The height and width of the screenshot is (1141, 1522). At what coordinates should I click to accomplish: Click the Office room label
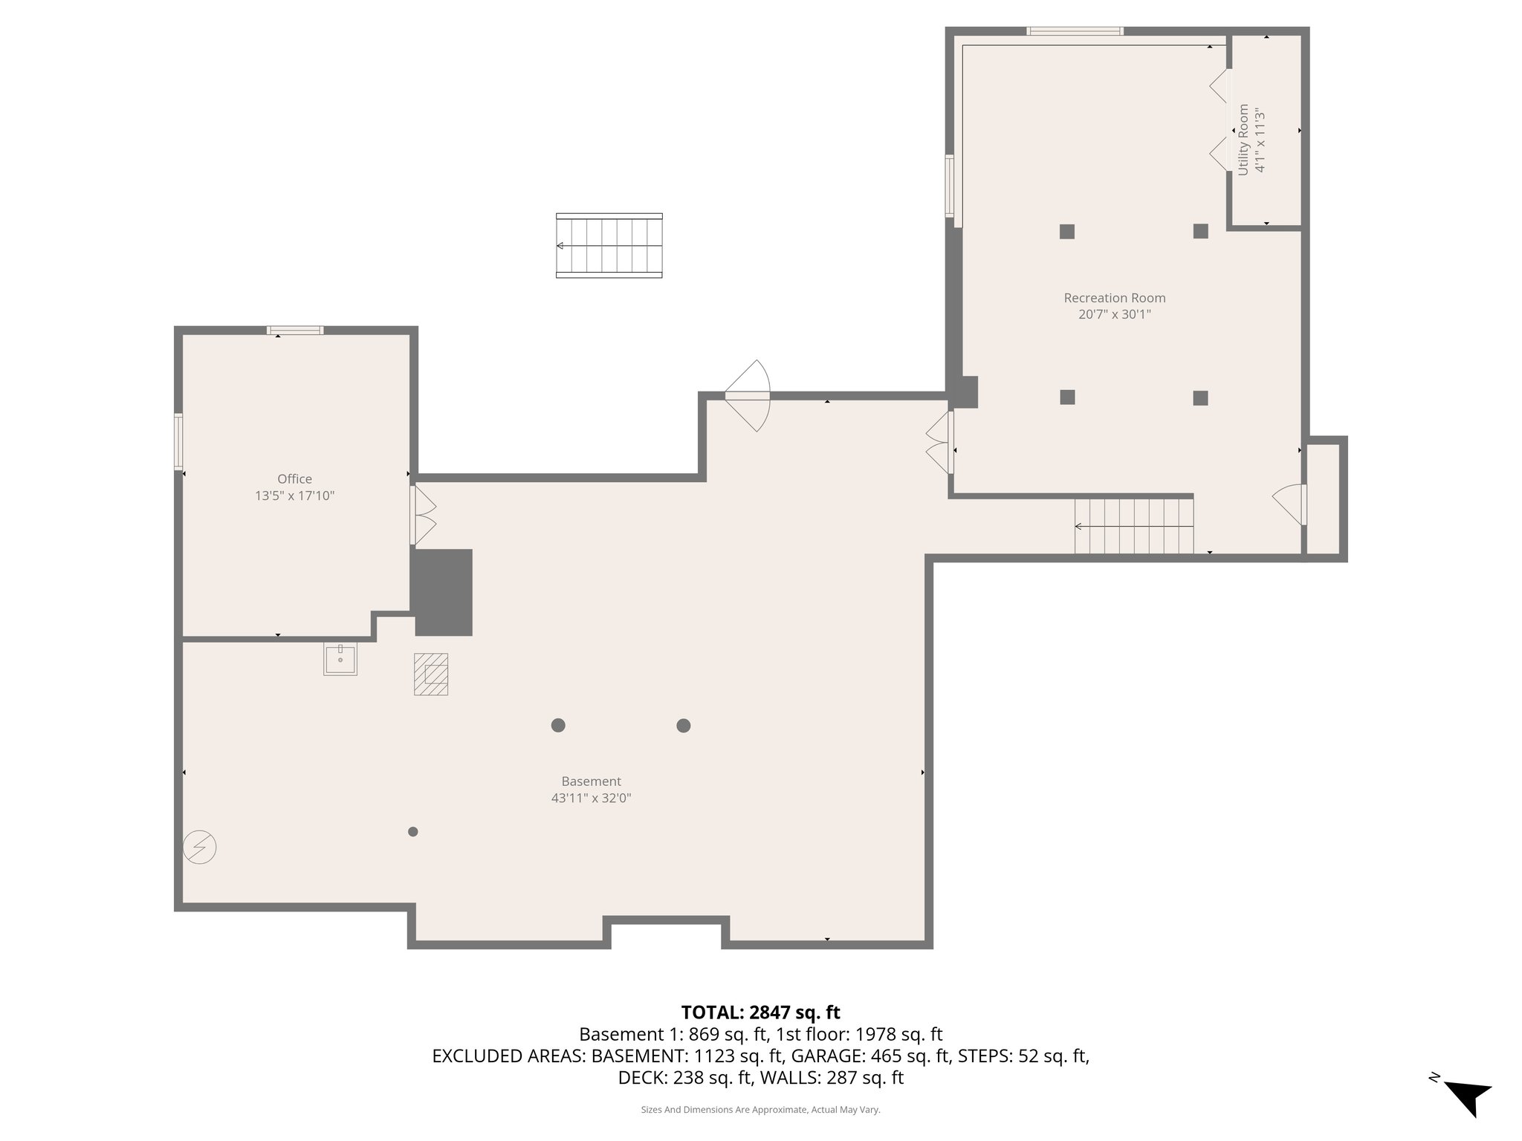tap(294, 479)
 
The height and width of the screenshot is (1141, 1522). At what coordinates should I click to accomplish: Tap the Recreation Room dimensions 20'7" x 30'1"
tap(1114, 314)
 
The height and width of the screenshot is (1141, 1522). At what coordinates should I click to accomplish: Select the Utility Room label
tap(1243, 140)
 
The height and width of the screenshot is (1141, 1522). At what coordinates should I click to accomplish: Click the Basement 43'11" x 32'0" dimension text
tap(591, 799)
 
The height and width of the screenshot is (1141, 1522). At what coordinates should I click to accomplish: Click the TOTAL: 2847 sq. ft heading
tap(760, 1012)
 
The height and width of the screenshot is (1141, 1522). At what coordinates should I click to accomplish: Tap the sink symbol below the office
tap(340, 659)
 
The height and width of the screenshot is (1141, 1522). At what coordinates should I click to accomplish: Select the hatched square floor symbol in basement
tap(431, 674)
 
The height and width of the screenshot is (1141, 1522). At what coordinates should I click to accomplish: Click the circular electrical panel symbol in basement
tap(200, 847)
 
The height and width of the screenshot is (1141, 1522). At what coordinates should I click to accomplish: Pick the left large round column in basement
tap(558, 725)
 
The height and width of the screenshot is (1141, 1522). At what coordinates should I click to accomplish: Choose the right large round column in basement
tap(684, 726)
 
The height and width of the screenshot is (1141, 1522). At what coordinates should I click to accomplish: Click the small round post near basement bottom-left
tap(413, 831)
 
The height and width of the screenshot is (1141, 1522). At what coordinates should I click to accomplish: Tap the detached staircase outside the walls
tap(609, 246)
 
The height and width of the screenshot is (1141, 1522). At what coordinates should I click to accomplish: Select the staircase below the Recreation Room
tap(1133, 527)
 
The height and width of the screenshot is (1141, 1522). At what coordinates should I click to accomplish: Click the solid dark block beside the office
tap(443, 592)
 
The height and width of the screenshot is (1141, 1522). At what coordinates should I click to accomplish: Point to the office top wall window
tap(295, 331)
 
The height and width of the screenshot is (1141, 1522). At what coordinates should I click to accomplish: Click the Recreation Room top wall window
tap(1074, 31)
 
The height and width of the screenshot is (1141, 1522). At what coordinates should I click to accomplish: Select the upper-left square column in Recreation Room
tap(1067, 231)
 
